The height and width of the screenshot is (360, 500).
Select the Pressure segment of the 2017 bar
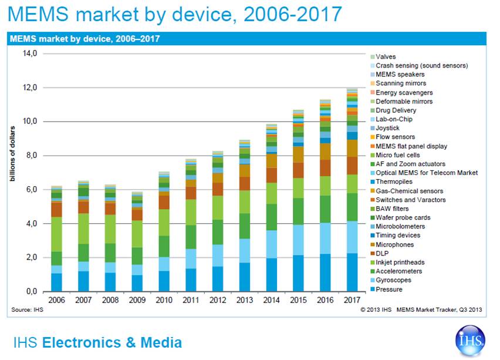pos(351,272)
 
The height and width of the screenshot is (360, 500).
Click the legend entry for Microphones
pos(394,244)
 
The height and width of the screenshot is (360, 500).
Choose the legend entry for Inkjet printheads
pos(400,262)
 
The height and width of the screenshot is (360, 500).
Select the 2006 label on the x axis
pos(57,300)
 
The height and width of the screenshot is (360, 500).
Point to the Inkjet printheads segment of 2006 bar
pos(57,234)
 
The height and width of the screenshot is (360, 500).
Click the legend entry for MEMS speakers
pos(400,75)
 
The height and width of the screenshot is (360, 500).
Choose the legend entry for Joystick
pos(388,128)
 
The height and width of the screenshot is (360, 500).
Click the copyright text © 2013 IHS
pos(376,309)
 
